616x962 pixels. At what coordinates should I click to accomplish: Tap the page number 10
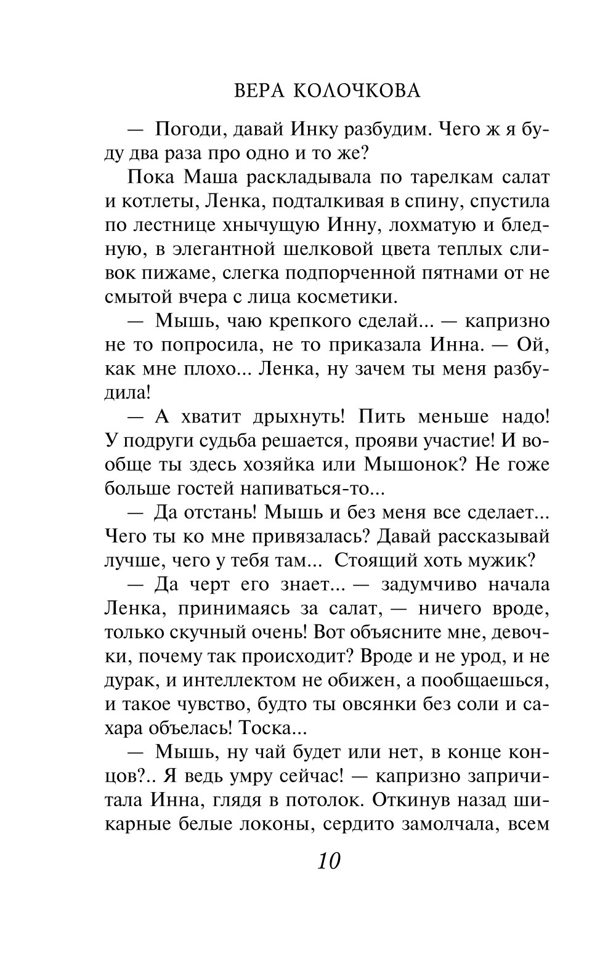[x=329, y=860]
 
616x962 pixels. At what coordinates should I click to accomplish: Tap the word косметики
[x=346, y=297]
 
